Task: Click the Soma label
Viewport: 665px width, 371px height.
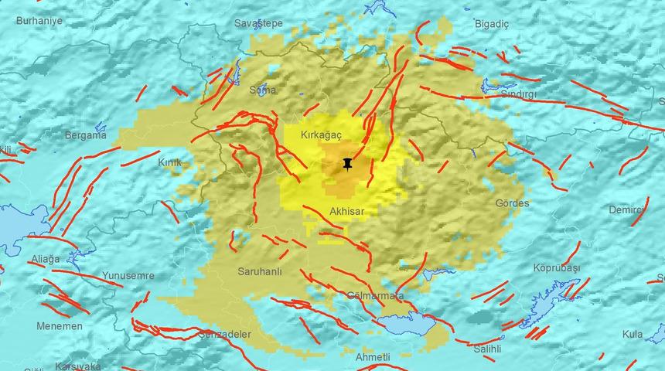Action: (262, 90)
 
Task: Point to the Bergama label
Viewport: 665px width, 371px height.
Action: (85, 135)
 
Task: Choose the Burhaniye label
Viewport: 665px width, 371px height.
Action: (39, 20)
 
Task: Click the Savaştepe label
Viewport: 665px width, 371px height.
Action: (258, 24)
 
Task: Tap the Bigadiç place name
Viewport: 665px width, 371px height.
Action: (492, 24)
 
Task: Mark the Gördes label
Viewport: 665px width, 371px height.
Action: (513, 203)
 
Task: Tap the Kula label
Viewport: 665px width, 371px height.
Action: (633, 334)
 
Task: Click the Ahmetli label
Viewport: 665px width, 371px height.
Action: (373, 356)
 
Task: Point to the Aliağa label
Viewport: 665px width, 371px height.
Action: (43, 260)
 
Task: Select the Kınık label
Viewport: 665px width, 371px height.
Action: (169, 163)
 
